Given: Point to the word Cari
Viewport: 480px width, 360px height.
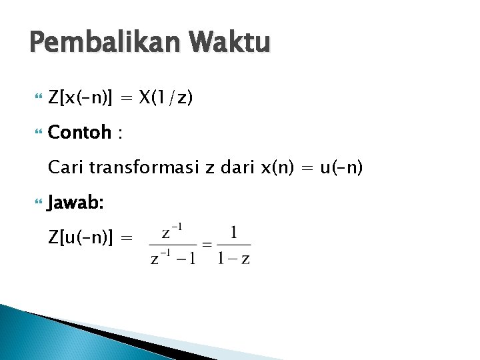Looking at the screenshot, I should coord(65,167).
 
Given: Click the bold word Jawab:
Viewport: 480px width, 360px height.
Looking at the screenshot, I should coord(75,201).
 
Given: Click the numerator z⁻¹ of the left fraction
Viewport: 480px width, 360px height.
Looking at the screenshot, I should coord(173,233).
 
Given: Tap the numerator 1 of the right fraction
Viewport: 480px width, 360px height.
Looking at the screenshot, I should coord(233,233).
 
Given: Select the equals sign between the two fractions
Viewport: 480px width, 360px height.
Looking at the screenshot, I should coord(207,245).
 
